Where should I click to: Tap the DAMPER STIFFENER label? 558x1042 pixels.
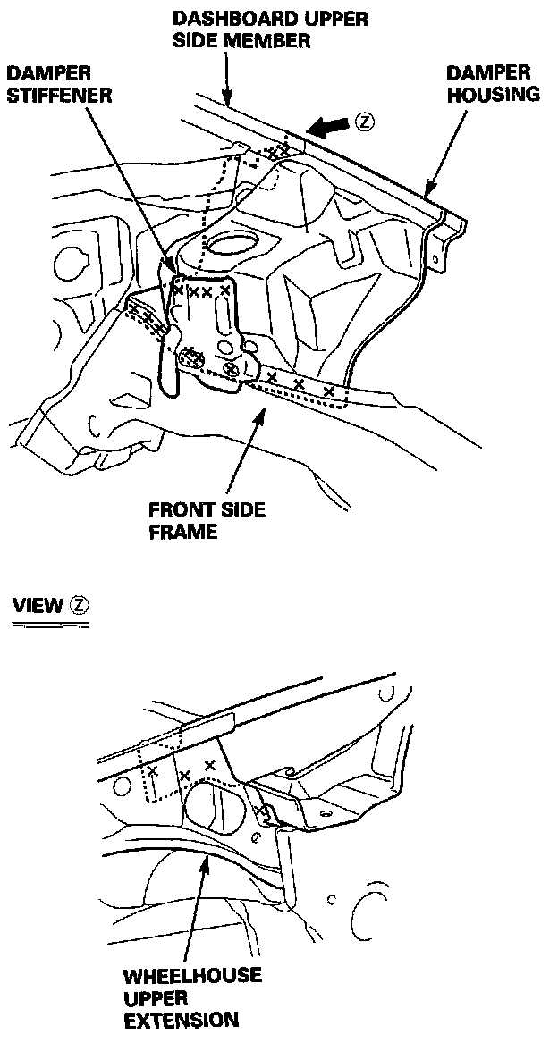point(60,84)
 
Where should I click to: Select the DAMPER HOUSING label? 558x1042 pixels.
point(488,83)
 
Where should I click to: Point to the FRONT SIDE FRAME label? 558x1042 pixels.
point(207,520)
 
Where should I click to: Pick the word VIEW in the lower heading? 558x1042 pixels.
point(38,605)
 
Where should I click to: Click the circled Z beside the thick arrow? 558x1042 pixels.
point(362,122)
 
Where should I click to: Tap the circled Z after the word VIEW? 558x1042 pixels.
point(80,605)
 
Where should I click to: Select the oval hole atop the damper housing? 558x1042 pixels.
point(234,244)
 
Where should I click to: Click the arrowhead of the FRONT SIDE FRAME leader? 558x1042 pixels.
point(261,410)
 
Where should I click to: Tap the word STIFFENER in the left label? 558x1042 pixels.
point(60,94)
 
